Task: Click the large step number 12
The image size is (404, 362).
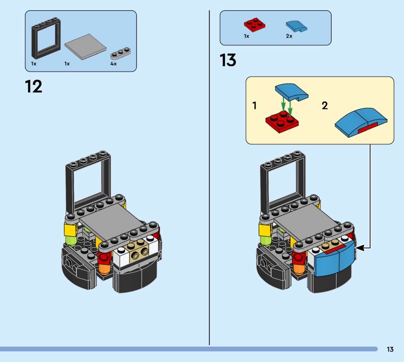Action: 33,86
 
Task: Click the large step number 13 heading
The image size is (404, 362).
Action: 228,60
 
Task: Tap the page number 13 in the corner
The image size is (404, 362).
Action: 390,349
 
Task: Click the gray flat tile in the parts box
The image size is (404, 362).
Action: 85,46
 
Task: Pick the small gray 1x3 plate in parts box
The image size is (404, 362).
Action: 121,53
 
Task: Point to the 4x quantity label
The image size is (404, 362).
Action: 113,64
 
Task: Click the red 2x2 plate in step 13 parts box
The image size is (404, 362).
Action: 255,24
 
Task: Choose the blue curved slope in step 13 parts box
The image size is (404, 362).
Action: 296,26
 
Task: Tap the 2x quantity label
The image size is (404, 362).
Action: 289,36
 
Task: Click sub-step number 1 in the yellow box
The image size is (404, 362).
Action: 255,105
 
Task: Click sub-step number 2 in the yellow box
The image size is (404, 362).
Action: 325,105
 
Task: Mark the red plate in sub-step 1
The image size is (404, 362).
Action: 282,122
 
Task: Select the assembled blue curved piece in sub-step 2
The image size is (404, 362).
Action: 361,122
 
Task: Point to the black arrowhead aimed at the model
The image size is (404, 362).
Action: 360,248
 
